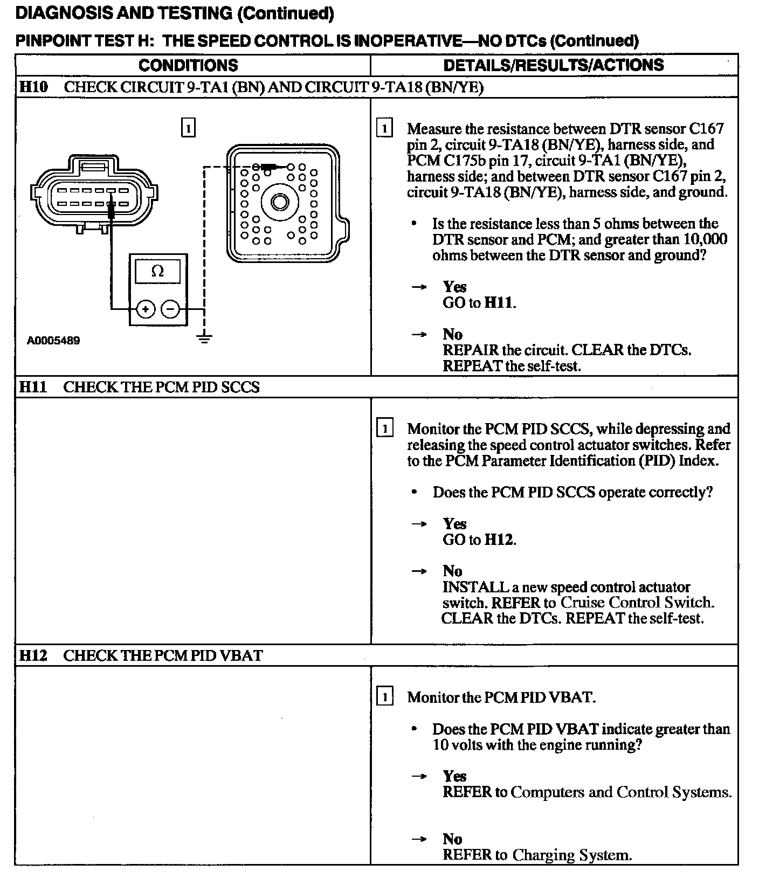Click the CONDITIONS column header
[188, 65]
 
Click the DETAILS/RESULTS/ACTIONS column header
[553, 65]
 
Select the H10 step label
[33, 87]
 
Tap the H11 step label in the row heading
[33, 387]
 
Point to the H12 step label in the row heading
[33, 655]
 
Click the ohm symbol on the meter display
[158, 271]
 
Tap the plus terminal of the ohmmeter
[146, 309]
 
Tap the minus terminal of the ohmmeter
[170, 309]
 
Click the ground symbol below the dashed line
[204, 338]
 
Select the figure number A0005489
[53, 341]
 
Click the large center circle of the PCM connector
[279, 202]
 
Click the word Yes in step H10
[454, 287]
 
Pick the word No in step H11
[452, 571]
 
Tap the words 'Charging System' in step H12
[571, 855]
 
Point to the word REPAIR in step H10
[471, 350]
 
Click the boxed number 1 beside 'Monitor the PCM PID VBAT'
[384, 697]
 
